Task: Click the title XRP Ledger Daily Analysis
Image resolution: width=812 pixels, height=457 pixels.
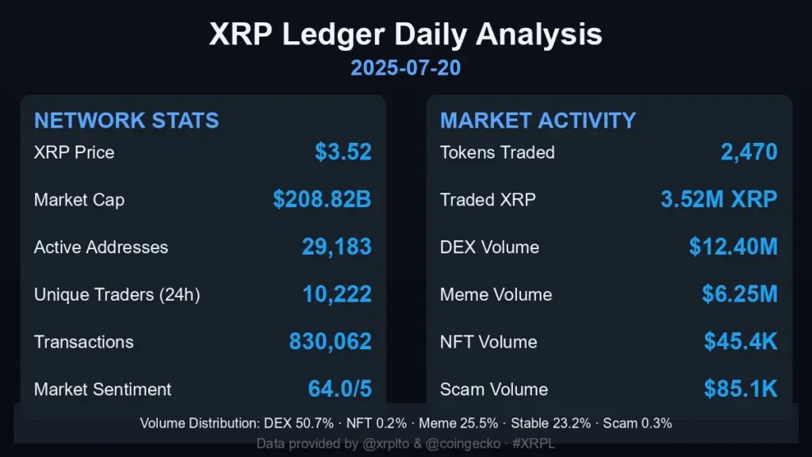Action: tap(405, 35)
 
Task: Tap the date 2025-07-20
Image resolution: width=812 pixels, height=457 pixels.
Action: tap(405, 68)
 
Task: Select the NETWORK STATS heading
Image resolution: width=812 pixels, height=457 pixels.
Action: tap(126, 121)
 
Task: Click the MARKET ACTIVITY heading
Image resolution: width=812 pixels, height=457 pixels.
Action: tap(538, 121)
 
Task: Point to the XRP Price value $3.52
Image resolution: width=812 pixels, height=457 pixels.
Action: tap(343, 152)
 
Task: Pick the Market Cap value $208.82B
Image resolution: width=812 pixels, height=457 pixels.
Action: tap(322, 200)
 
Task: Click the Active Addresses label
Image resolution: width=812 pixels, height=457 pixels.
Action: tap(101, 248)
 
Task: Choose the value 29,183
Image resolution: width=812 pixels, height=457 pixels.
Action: tap(336, 247)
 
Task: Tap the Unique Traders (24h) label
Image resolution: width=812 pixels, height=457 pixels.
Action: tap(117, 295)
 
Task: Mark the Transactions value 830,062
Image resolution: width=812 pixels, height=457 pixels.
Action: tap(330, 342)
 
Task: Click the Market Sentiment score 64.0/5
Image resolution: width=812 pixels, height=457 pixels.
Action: tap(339, 390)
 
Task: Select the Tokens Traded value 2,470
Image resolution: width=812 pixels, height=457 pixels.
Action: tap(749, 152)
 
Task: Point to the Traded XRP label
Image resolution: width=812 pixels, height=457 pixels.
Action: tap(488, 200)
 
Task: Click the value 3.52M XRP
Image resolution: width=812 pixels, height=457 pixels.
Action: tap(719, 200)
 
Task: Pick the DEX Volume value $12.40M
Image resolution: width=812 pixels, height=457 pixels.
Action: tap(733, 247)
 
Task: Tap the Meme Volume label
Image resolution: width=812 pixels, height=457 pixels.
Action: tap(496, 295)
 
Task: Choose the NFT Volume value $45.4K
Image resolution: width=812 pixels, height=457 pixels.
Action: tap(741, 342)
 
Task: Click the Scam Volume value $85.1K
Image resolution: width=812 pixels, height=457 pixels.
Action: tap(741, 390)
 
